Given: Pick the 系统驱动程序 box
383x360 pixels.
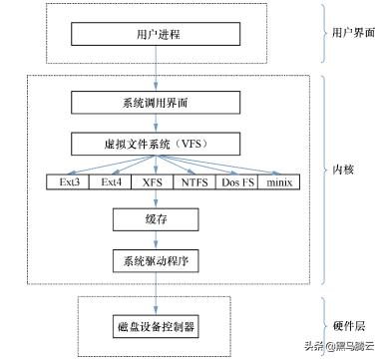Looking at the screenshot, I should click(147, 260).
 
